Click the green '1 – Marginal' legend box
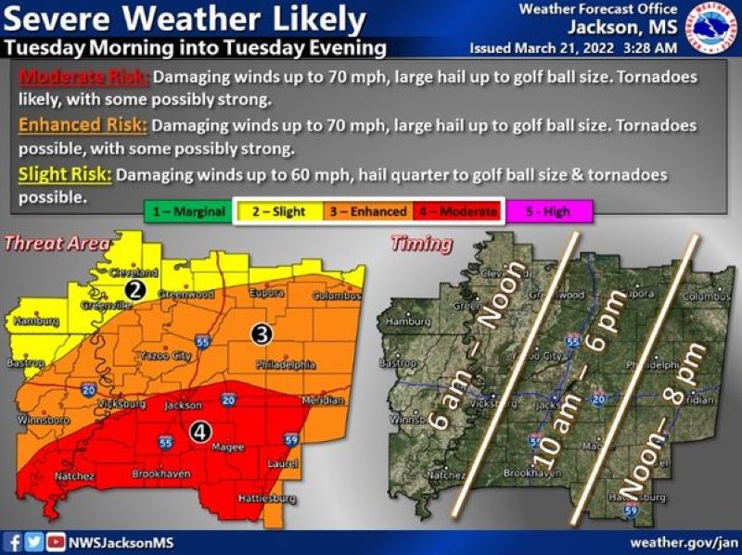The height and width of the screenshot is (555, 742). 185,211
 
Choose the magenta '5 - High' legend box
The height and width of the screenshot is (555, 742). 549,211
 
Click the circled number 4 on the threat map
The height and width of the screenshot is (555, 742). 199,430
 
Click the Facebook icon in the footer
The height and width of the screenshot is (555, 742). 14,542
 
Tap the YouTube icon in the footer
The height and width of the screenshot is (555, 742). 56,542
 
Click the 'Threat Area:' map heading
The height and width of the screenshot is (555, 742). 58,245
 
